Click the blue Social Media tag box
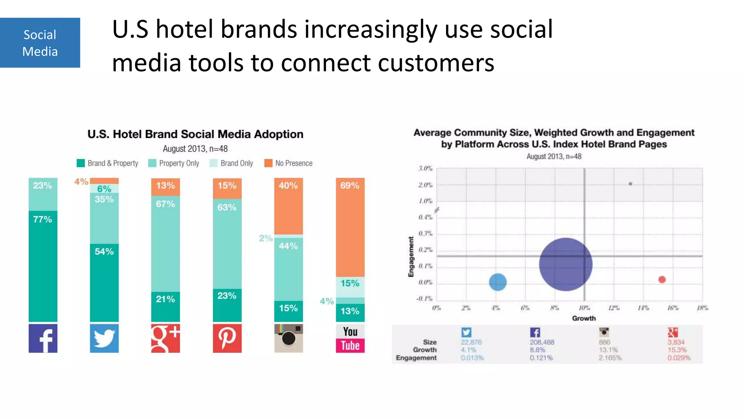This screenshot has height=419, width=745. point(40,43)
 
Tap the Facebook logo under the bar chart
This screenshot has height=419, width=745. point(43,338)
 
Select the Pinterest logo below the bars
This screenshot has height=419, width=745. point(227,338)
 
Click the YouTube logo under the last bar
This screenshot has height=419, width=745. point(350,339)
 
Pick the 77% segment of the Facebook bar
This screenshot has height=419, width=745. point(43,266)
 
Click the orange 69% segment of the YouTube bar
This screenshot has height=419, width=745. point(350,227)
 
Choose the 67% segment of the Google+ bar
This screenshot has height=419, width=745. point(166,244)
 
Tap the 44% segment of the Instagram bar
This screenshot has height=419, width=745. point(288,269)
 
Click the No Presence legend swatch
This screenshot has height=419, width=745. point(268,163)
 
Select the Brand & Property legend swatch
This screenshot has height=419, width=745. point(81,163)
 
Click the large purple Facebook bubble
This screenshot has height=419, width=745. point(566,264)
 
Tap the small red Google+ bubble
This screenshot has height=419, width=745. point(662,279)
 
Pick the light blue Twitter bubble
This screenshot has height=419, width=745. point(498,282)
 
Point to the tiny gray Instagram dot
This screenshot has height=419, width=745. point(630,184)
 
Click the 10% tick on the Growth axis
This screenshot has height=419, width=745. point(584,308)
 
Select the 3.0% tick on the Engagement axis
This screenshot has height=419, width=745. point(425,168)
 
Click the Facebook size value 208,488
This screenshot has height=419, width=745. point(542,342)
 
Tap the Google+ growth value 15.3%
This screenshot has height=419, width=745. point(677,350)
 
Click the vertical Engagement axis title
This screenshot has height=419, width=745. point(411,257)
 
